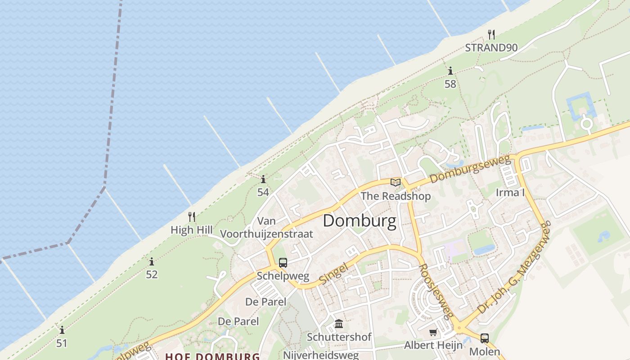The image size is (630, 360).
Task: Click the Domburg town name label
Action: (360, 221)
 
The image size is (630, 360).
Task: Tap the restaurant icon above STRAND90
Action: (491, 34)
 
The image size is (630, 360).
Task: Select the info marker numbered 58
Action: (450, 71)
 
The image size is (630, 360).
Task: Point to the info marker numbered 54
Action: (263, 180)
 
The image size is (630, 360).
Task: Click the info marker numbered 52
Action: (152, 261)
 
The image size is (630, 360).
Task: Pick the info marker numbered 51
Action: (62, 330)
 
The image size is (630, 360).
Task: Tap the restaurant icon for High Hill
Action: (192, 217)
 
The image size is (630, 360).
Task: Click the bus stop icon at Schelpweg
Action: (283, 263)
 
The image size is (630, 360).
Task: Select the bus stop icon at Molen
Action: (484, 338)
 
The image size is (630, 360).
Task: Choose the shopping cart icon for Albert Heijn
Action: (433, 333)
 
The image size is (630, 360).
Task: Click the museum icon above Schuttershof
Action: (339, 324)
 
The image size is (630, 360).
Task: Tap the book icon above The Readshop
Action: (396, 182)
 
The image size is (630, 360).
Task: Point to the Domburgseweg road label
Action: (470, 169)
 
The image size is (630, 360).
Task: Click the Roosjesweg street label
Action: (436, 291)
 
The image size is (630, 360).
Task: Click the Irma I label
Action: (510, 193)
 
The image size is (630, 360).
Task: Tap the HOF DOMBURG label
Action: (212, 356)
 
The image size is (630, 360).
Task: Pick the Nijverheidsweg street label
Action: (321, 355)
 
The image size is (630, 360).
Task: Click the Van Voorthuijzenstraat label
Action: (266, 228)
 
